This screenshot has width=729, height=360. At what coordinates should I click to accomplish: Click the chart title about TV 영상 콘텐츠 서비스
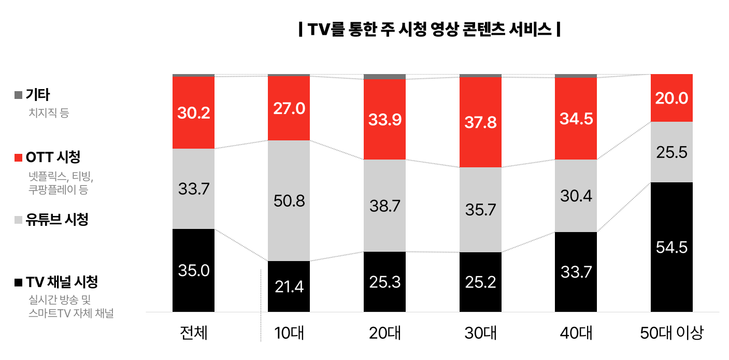430,29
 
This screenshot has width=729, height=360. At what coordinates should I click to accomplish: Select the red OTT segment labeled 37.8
481,122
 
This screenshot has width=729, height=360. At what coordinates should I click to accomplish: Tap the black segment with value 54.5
671,247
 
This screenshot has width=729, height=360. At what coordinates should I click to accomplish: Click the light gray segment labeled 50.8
289,200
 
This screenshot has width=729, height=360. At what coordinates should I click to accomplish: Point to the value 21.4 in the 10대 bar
289,286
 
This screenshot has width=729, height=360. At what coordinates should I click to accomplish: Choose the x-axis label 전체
193,333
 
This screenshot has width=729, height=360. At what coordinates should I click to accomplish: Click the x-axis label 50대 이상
671,333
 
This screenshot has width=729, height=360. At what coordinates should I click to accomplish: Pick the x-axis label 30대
480,333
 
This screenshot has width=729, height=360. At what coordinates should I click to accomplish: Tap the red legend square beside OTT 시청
18,157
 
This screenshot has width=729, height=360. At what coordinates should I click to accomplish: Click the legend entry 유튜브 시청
57,220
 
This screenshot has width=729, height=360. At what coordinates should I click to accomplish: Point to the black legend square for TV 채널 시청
18,282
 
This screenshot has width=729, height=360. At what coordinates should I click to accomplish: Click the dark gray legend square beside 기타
18,95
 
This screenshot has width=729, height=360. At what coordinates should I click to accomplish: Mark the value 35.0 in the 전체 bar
193,270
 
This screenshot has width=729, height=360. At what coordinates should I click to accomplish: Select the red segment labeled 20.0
671,98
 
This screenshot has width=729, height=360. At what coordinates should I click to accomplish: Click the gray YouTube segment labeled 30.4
576,196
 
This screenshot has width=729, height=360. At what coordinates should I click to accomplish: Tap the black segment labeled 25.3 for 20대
384,282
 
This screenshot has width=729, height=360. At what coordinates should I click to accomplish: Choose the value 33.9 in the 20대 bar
384,120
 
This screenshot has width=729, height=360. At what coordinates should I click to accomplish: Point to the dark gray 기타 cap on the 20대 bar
384,77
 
